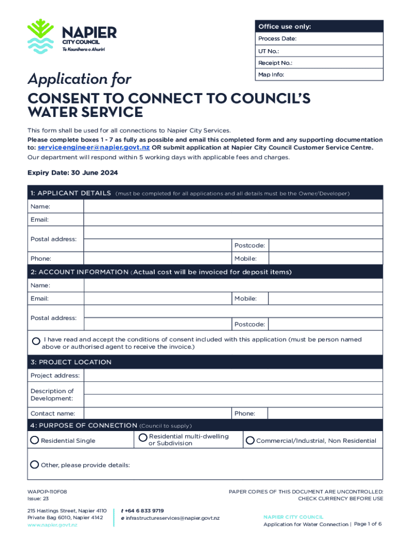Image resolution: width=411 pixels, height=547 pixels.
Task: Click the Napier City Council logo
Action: pyautogui.click(x=72, y=36)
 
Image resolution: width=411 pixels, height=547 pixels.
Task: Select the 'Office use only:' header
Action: pyautogui.click(x=284, y=27)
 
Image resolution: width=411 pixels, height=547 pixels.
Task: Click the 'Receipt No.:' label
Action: pyautogui.click(x=275, y=63)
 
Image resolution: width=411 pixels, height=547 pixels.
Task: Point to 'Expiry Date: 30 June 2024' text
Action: pyautogui.click(x=73, y=173)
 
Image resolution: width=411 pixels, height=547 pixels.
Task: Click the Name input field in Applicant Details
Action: pyautogui.click(x=233, y=207)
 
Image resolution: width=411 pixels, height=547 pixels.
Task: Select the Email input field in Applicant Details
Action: pyautogui.click(x=233, y=220)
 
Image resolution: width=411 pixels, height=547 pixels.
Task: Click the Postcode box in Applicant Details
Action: pyautogui.click(x=325, y=245)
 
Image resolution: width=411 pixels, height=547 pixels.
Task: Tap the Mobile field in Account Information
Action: pyautogui.click(x=325, y=299)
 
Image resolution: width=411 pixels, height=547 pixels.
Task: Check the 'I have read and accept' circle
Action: pyautogui.click(x=36, y=341)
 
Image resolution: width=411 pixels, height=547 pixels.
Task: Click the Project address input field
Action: pyautogui.click(x=233, y=376)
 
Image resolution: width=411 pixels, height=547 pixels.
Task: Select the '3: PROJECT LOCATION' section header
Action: pyautogui.click(x=71, y=362)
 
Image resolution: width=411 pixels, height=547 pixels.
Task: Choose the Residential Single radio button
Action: pyautogui.click(x=35, y=440)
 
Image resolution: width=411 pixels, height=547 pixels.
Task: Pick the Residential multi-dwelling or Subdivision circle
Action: pyautogui.click(x=143, y=438)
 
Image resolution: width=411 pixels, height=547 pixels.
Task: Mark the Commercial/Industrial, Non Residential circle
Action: pyautogui.click(x=250, y=440)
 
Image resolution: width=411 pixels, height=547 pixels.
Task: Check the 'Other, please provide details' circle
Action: pyautogui.click(x=35, y=464)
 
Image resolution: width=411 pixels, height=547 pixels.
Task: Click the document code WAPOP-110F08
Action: pyautogui.click(x=47, y=491)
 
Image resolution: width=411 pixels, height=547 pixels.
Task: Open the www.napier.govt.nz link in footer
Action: pyautogui.click(x=52, y=525)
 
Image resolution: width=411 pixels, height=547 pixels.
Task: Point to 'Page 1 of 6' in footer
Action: pyautogui.click(x=367, y=524)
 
